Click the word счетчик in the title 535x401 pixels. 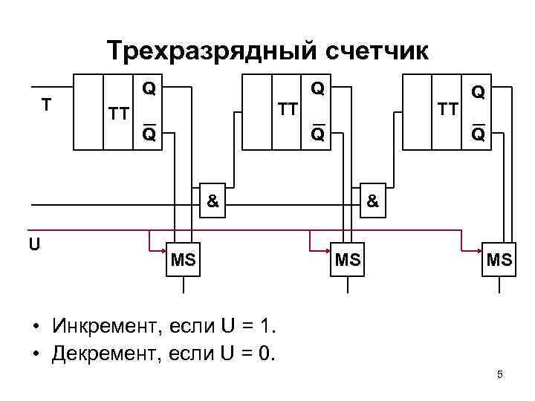(374, 51)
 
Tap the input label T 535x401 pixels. (46, 105)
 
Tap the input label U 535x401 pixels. (35, 244)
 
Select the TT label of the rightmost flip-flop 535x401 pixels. (448, 111)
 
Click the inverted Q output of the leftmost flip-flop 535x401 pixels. (149, 134)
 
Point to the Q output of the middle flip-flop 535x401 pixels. (318, 88)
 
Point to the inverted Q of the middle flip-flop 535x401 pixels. (318, 134)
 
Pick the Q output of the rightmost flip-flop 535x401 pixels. (479, 91)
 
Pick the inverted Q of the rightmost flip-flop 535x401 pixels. (479, 134)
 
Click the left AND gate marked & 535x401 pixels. (213, 201)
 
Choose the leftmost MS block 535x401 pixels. (183, 259)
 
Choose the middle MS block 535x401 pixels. (347, 259)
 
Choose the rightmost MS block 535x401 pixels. (499, 259)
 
